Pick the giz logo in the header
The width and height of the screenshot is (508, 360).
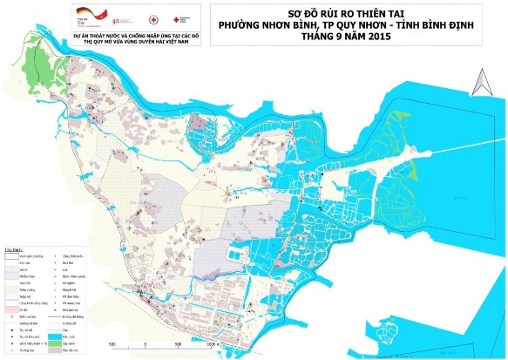[129, 15]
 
